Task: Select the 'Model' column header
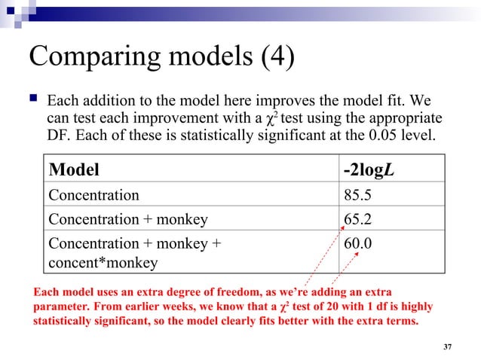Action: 74,169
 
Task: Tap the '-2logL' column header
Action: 369,169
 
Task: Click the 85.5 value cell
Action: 358,195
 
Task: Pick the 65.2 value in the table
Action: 358,220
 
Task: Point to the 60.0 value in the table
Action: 358,244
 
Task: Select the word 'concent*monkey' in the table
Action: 103,262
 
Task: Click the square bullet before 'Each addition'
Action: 33,99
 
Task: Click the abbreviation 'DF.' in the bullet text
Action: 60,137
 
